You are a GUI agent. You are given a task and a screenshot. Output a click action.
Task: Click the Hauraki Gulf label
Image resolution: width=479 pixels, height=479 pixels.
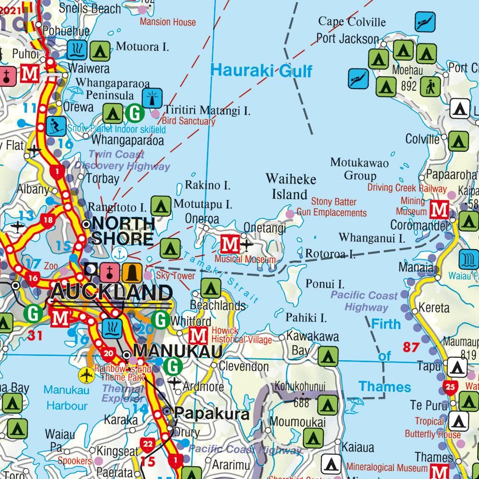coord(261,71)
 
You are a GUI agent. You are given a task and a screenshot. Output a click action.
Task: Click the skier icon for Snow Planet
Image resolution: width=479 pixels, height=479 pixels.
coord(57,126)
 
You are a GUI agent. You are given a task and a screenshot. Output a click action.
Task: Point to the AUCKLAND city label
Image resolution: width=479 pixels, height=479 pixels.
coord(112,292)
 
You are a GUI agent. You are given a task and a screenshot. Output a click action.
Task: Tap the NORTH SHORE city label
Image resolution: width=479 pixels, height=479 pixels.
coord(123,230)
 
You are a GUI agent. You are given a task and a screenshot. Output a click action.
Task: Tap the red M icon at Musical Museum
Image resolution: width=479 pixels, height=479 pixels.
coord(229,244)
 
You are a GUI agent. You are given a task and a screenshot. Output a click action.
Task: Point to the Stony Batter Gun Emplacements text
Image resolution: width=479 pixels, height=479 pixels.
coord(331,207)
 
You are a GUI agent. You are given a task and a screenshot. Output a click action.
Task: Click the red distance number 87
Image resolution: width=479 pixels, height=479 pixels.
coord(411,347)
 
